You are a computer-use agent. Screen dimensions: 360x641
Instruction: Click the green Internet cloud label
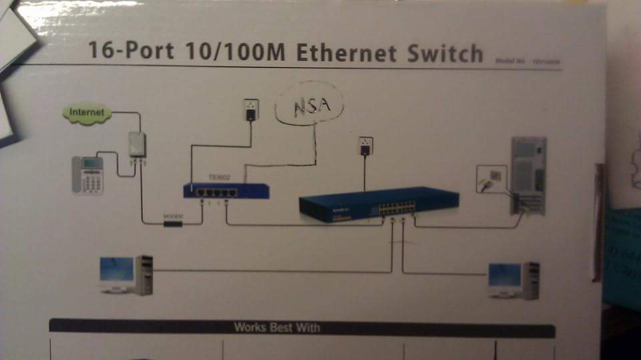point(87,113)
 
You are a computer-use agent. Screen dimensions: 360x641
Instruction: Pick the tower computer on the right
point(527,176)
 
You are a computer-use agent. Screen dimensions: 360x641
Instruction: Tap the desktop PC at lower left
point(126,274)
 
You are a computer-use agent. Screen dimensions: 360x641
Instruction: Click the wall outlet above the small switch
point(251,110)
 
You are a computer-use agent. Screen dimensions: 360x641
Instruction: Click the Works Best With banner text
point(276,328)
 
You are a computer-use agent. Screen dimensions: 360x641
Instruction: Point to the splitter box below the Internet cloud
point(138,146)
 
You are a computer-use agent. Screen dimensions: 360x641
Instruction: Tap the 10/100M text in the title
point(231,52)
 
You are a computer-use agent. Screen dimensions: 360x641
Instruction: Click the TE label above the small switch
point(219,176)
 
